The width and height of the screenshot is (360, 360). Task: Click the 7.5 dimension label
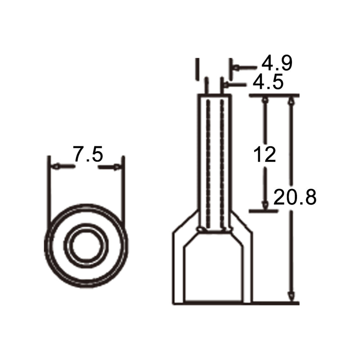point(88,154)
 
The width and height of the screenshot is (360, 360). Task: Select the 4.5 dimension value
point(268,81)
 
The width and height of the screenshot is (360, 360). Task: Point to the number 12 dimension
point(265,154)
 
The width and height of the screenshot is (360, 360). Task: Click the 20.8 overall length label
point(295,197)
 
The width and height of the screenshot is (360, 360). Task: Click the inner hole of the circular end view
point(86,246)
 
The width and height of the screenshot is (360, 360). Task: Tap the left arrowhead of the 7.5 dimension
point(56,166)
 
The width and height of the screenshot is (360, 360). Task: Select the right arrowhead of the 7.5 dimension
point(117,167)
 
